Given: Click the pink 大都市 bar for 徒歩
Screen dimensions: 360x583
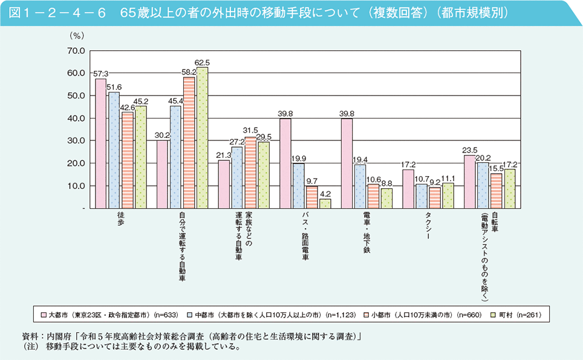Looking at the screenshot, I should pyautogui.click(x=100, y=143).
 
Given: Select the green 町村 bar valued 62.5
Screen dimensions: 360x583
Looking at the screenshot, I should pyautogui.click(x=201, y=138).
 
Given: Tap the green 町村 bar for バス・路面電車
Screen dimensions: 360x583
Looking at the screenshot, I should pyautogui.click(x=325, y=203).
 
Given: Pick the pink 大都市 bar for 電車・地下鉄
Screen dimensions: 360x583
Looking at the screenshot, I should pyautogui.click(x=347, y=163).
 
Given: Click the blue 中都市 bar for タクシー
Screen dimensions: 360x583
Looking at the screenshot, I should pyautogui.click(x=422, y=196).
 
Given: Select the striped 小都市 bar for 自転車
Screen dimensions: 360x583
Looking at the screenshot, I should pyautogui.click(x=497, y=191).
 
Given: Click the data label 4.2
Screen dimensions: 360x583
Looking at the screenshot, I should pyautogui.click(x=325, y=194).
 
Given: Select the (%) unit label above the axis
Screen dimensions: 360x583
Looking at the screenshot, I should pyautogui.click(x=77, y=37).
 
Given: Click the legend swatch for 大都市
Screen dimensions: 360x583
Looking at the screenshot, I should pyautogui.click(x=44, y=315).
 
